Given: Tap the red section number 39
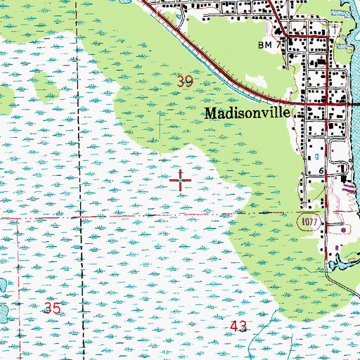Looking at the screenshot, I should point(185,82).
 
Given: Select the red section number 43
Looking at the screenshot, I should point(239,326).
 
